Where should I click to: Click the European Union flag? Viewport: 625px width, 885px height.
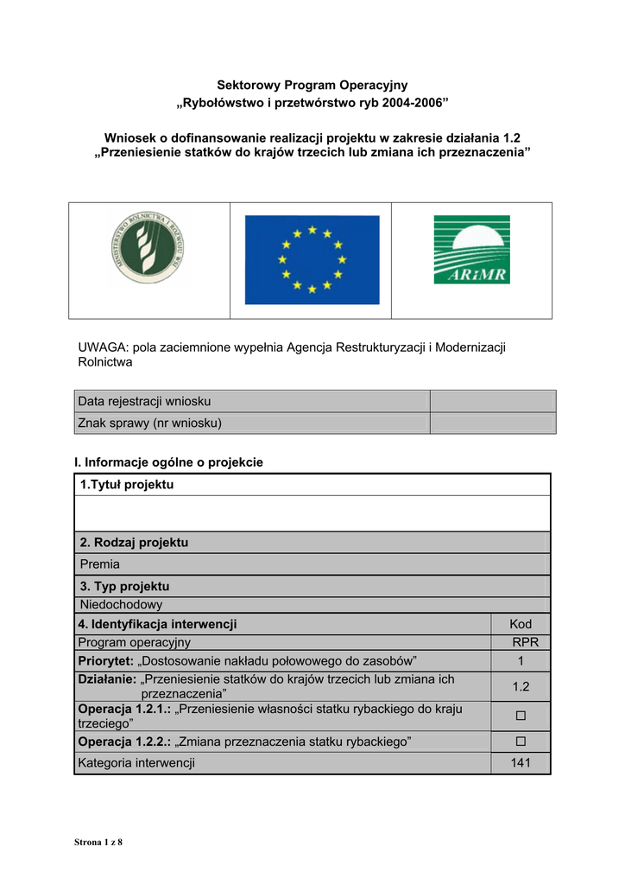(x=312, y=259)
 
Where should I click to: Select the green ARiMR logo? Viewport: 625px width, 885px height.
(x=471, y=250)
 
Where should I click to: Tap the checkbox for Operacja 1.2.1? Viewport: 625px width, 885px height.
(x=520, y=716)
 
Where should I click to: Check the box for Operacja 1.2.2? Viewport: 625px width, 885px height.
(x=520, y=742)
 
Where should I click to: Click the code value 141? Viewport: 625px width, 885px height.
(x=520, y=763)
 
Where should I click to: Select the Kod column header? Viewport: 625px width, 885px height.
(x=521, y=624)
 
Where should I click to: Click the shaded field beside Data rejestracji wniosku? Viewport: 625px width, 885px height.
(x=492, y=401)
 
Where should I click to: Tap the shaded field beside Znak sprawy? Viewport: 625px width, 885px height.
(x=492, y=423)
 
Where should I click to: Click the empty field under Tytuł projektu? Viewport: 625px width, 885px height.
(x=312, y=513)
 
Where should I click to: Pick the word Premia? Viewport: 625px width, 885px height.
(x=100, y=564)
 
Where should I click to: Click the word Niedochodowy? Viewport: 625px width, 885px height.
(x=121, y=605)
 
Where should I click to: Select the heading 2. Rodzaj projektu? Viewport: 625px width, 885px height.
(x=134, y=543)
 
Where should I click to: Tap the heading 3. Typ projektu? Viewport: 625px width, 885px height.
(x=124, y=586)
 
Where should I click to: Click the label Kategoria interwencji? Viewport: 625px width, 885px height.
(x=136, y=763)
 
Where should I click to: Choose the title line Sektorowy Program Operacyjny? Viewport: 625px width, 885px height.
(x=312, y=85)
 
